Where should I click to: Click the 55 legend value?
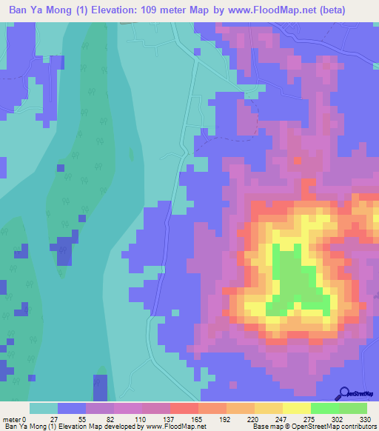click(72, 419)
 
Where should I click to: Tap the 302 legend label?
click(335, 419)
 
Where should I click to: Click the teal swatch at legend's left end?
click(44, 408)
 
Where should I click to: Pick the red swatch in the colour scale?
click(184, 408)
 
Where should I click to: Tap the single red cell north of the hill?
click(298, 159)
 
